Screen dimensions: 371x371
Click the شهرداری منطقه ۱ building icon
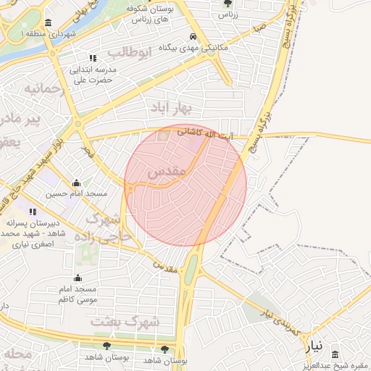[48, 22]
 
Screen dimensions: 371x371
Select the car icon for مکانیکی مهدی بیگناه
[193, 37]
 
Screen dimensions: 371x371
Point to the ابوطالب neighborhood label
[128, 53]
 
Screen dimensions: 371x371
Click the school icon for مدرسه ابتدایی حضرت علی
[92, 58]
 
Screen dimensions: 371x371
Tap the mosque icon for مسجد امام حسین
[76, 183]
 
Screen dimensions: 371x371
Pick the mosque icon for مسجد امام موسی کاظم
[78, 278]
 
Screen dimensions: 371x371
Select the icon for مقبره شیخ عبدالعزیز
[334, 354]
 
